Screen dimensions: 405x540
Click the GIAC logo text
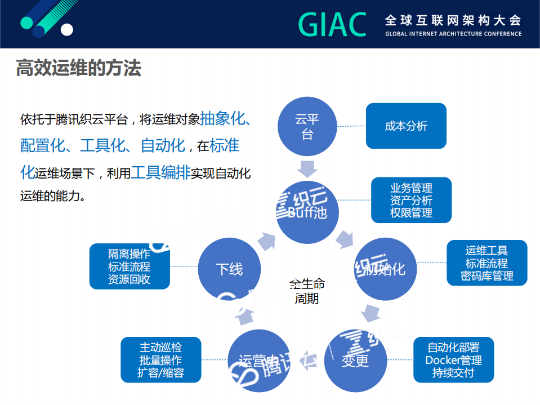tap(332, 24)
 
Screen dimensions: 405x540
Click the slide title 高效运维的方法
tap(78, 68)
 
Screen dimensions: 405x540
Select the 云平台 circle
tap(307, 126)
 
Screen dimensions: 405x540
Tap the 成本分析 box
tap(406, 126)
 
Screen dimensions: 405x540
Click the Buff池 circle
tap(307, 212)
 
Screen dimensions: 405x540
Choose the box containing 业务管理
tap(411, 201)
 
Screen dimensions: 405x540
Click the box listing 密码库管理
tap(487, 263)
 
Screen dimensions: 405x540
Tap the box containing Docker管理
tap(453, 360)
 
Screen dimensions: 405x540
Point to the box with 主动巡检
tap(160, 359)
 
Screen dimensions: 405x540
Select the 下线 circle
tap(229, 269)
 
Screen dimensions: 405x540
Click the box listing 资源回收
tap(130, 266)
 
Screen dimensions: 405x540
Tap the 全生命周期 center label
tap(307, 291)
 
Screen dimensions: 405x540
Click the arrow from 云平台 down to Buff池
tap(307, 168)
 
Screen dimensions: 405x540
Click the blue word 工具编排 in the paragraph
tap(160, 173)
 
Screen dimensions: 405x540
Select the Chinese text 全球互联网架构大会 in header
tap(453, 20)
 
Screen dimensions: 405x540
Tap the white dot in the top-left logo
tap(67, 29)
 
